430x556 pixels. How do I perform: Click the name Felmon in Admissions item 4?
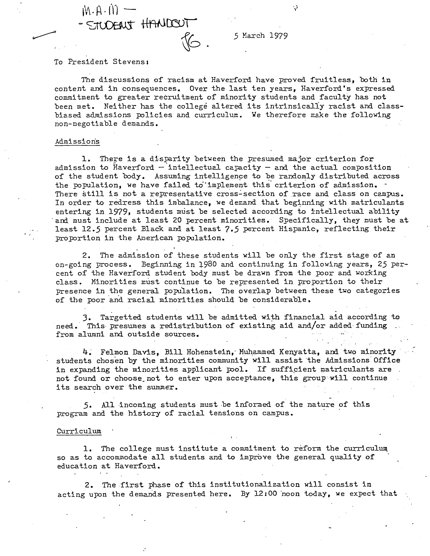pos(114,352)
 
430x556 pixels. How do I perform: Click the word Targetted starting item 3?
pos(121,317)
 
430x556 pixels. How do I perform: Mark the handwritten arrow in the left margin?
pos(44,35)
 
